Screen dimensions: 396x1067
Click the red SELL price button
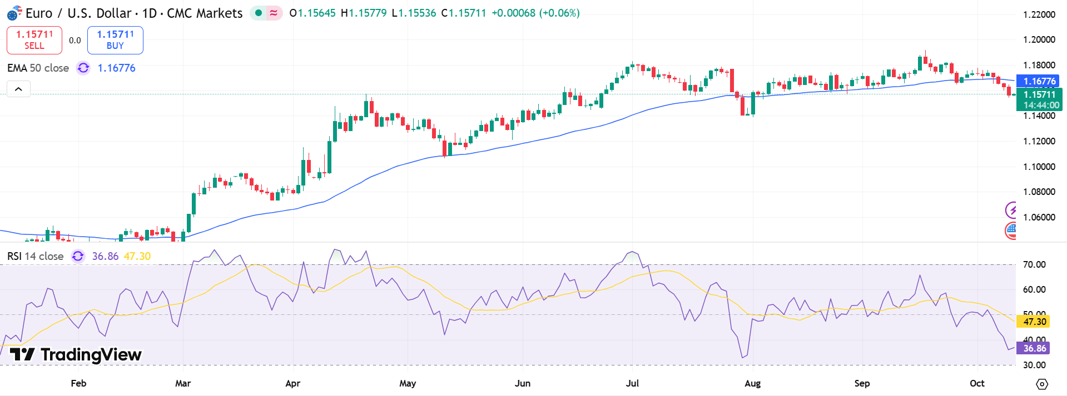pyautogui.click(x=34, y=40)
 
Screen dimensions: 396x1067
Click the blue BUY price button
pyautogui.click(x=115, y=40)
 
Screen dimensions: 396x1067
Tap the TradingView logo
pyautogui.click(x=76, y=354)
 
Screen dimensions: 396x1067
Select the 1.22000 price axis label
pyautogui.click(x=1039, y=14)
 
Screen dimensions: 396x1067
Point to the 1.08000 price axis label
pyautogui.click(x=1039, y=192)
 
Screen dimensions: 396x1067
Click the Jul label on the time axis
pyautogui.click(x=632, y=383)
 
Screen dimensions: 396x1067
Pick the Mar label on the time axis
pyautogui.click(x=183, y=383)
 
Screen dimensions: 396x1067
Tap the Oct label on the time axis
pyautogui.click(x=977, y=383)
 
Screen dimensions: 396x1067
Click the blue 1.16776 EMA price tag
pyautogui.click(x=1039, y=81)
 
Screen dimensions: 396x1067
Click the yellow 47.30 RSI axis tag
pyautogui.click(x=1034, y=322)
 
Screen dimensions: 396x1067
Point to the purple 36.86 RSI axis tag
pyautogui.click(x=1034, y=348)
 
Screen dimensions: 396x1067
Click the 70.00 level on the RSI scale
pyautogui.click(x=1034, y=264)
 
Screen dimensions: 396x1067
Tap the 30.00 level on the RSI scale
pyautogui.click(x=1034, y=365)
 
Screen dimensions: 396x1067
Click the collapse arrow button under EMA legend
pyautogui.click(x=18, y=89)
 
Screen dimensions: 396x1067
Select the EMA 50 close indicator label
pyautogui.click(x=38, y=68)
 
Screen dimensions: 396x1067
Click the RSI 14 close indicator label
pyautogui.click(x=35, y=256)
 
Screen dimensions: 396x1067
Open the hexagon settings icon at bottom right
pyautogui.click(x=1042, y=384)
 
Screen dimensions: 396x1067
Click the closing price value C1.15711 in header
pyautogui.click(x=464, y=13)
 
